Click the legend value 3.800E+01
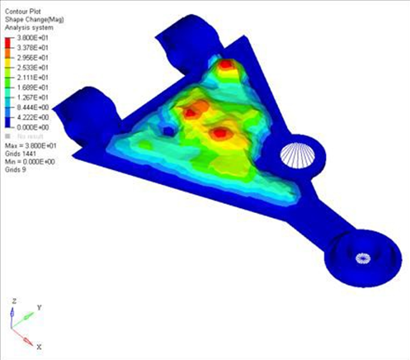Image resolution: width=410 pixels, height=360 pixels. coord(31,38)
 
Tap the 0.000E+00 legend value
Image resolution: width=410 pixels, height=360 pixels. coord(31,129)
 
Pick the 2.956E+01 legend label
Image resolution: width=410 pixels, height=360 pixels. coord(31,61)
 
